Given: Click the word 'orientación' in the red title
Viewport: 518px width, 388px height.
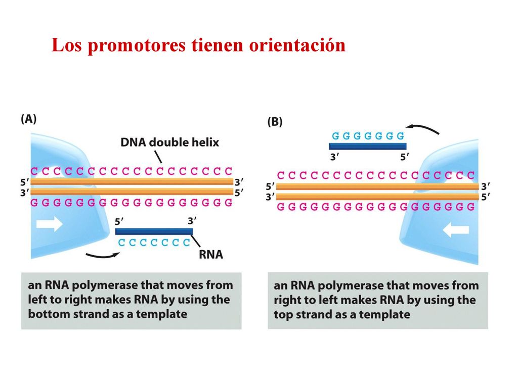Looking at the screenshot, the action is (x=297, y=44).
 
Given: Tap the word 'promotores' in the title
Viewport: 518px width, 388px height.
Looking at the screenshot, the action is (x=137, y=45).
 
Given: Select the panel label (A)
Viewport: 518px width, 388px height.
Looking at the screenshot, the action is (x=29, y=119).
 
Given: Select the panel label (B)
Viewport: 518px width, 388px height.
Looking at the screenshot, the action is (x=275, y=122).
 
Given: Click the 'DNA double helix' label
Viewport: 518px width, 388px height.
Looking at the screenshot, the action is (x=170, y=142).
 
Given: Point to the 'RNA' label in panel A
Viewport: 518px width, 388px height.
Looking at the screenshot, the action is (x=211, y=255).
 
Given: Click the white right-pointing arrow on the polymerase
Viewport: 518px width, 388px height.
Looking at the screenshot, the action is (x=50, y=224).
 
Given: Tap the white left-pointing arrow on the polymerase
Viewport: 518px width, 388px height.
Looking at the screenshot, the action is (x=456, y=229).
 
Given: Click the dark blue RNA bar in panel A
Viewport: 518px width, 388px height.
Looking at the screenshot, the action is (x=154, y=231).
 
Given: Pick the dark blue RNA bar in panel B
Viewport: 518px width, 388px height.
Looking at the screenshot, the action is (x=368, y=147).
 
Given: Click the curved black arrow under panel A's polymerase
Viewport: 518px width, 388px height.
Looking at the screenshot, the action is (x=102, y=256).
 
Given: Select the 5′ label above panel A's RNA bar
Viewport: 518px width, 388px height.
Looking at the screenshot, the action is (x=119, y=221).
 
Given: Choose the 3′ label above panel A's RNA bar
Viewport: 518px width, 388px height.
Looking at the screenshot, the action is (x=192, y=220).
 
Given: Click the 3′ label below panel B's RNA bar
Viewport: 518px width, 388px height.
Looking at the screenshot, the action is (x=335, y=157).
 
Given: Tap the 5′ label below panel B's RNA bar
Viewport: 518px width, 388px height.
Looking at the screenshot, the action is (x=405, y=157).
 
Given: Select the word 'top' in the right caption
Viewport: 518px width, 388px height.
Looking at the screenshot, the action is (x=283, y=315).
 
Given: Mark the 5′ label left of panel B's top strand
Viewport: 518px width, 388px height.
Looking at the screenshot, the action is (x=270, y=187).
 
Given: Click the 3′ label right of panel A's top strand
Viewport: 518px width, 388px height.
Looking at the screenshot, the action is (x=239, y=182).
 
